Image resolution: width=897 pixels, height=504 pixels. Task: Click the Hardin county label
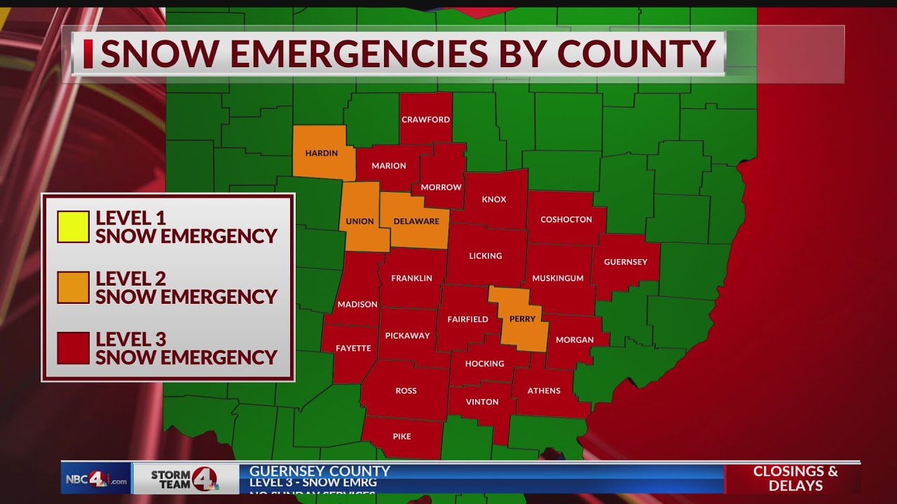tap(322, 153)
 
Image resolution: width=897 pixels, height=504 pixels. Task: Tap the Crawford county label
tap(425, 120)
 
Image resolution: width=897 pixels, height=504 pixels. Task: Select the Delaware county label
tap(416, 221)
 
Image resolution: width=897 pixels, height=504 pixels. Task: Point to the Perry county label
tap(523, 318)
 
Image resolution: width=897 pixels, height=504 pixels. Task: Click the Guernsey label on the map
tap(625, 262)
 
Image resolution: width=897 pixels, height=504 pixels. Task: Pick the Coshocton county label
tap(566, 219)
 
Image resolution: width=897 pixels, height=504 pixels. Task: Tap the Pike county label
tap(402, 436)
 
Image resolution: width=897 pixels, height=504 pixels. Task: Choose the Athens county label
tap(544, 391)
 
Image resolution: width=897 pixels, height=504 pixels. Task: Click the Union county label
tap(360, 221)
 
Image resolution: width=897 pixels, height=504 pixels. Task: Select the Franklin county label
tap(411, 278)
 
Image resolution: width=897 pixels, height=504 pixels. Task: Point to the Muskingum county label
tap(558, 278)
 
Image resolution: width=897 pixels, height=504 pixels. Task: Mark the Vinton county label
tap(482, 402)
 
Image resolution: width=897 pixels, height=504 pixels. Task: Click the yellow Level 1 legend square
tap(73, 227)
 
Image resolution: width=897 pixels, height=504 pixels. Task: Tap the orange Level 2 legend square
tap(73, 287)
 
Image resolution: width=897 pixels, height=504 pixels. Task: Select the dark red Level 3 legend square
tap(73, 348)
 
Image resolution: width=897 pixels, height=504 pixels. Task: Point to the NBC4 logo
tap(96, 480)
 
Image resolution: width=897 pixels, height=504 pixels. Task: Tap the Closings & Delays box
tap(795, 478)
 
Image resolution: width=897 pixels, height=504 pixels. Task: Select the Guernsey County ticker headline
tap(320, 471)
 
